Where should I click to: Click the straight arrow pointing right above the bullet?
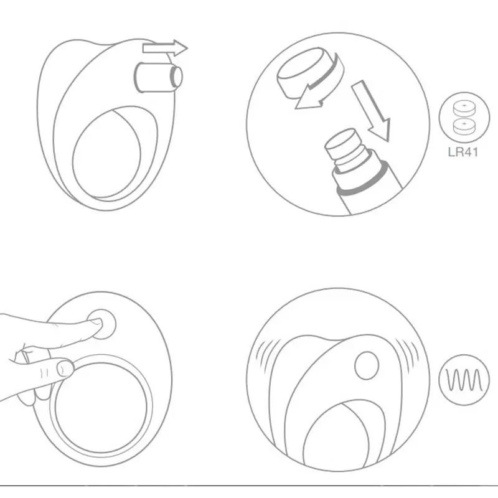pos(165,49)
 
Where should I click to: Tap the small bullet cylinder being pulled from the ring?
pos(158,77)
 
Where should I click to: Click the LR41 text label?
pos(463,152)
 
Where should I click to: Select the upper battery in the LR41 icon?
pos(464,108)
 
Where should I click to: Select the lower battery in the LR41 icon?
pos(464,126)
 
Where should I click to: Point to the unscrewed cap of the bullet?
pos(300,72)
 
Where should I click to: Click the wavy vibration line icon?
pos(464,380)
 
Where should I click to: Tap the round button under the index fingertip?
pos(102,324)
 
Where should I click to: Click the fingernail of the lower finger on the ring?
pos(65,369)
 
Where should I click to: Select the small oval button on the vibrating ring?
pos(367,365)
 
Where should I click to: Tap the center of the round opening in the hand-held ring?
pos(101,407)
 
